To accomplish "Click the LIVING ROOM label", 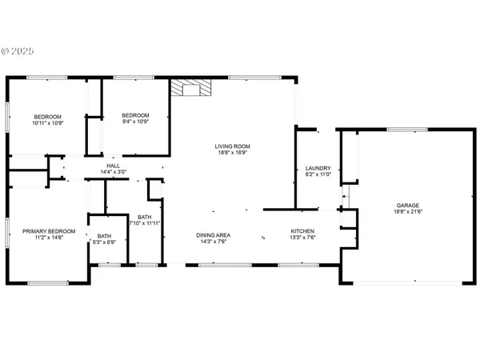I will pos(232,146).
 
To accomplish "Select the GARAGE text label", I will pos(407,205).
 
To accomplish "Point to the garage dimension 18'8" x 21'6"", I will pos(407,211).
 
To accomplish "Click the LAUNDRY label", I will pos(318,168).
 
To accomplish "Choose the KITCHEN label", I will pos(302,232).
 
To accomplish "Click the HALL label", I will pos(113,166).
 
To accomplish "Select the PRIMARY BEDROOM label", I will pos(49,231).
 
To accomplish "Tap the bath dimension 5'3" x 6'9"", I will pos(105,242).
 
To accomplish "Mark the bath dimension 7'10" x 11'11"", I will pos(146,222).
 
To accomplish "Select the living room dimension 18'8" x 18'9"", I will pos(232,152).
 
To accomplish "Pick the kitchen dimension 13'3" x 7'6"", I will pos(302,238).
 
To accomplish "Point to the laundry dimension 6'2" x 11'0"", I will pos(318,174).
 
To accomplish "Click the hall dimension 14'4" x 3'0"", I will pos(113,172).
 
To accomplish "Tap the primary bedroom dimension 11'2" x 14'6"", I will pos(49,238).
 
